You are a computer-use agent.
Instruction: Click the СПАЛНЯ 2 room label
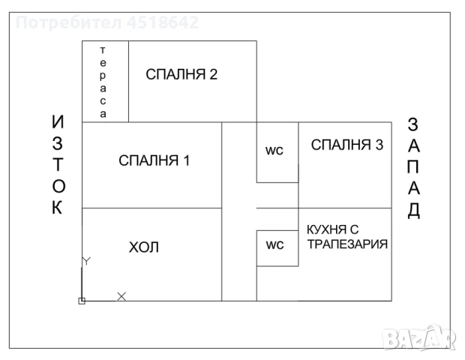pos(181,74)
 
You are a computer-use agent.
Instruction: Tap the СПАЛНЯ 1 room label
pos(154,160)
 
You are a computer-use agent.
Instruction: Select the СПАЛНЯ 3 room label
pos(347,145)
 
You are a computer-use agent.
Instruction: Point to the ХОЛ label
pos(144,247)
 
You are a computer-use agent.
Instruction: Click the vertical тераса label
pos(103,82)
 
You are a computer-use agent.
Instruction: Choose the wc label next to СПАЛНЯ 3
pos(274,151)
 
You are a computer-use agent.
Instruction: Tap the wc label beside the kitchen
pos(275,245)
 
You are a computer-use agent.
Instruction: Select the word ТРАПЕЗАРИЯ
pos(347,244)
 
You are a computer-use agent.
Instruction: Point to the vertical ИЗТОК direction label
pos(58,164)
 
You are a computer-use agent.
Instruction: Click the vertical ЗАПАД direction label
pos(413,168)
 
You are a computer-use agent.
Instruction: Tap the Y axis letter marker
pos(86,261)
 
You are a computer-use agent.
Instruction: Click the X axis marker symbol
pos(121,296)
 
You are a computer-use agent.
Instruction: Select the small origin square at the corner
pos(82,301)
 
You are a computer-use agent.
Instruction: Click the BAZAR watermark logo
pos(418,337)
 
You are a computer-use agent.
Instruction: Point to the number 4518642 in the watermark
pos(163,22)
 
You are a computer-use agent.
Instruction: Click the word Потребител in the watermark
pos(69,22)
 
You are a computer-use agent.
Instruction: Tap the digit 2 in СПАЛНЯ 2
pos(214,74)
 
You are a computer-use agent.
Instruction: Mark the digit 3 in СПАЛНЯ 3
pos(379,145)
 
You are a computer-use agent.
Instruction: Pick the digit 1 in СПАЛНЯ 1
pos(186,160)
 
